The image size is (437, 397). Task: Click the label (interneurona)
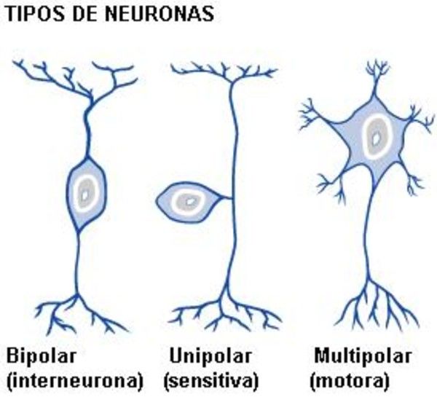[x=74, y=380]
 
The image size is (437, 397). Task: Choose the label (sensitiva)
[x=212, y=380]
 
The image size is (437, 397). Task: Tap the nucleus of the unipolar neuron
[x=190, y=200]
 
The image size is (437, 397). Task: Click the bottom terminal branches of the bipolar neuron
[x=76, y=310]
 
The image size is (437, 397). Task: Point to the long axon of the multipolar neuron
[x=369, y=233]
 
